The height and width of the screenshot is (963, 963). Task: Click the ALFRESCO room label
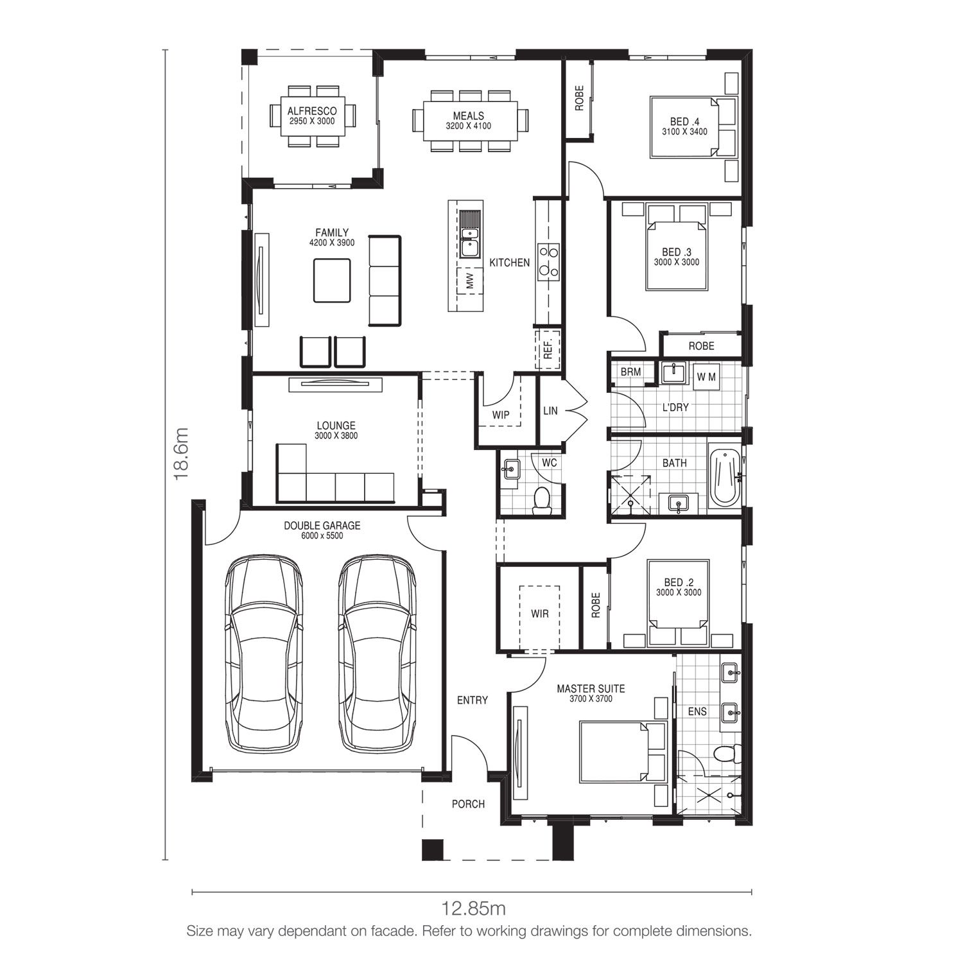point(312,111)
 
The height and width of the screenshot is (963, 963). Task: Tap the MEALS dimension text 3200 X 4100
point(469,126)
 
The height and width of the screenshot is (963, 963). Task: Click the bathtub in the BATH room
point(725,477)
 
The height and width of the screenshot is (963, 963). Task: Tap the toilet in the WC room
point(542,500)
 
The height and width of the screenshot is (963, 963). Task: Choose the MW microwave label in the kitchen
point(469,281)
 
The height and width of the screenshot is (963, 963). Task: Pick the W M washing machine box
point(706,377)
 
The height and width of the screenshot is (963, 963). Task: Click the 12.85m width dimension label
point(473,908)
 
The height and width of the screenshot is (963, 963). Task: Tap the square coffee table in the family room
point(332,280)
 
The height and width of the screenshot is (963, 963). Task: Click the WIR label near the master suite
point(540,614)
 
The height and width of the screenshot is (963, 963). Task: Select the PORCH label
point(468,804)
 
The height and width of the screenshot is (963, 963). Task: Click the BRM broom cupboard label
point(630,372)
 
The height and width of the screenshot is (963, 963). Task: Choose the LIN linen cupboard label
point(550,410)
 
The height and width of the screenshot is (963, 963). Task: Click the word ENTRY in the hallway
point(473,700)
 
